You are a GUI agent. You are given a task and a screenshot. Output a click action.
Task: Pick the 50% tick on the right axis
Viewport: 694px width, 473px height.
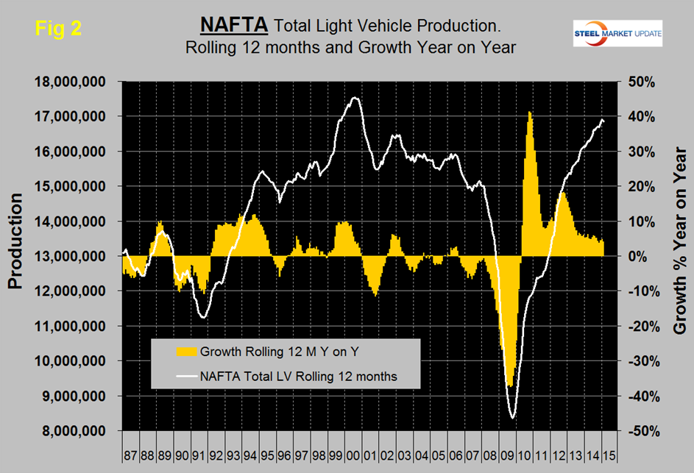pos(640,82)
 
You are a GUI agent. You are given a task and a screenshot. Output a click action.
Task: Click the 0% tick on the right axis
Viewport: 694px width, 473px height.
pos(642,257)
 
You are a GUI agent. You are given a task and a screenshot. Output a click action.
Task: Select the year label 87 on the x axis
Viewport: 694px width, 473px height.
pos(130,447)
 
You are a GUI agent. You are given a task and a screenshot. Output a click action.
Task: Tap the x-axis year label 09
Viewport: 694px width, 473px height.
pos(509,447)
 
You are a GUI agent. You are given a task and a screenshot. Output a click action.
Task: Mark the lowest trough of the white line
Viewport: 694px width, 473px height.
pos(512,418)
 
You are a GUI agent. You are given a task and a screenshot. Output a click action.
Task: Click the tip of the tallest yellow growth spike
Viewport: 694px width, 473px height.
pos(529,112)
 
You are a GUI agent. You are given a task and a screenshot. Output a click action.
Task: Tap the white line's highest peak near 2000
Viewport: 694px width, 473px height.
pos(355,97)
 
